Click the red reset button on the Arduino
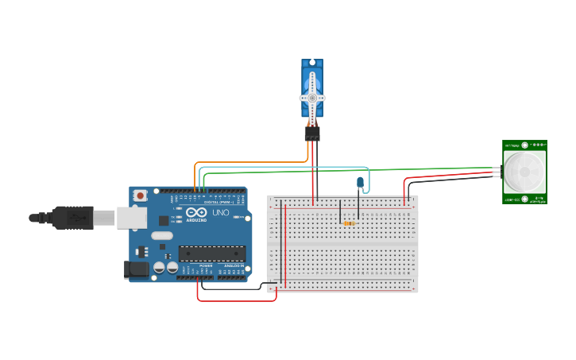point(141,195)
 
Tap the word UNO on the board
point(220,213)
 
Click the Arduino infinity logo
point(196,213)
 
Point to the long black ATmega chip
point(211,254)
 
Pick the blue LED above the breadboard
point(360,183)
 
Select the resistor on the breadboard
point(349,223)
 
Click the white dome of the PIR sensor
point(524,172)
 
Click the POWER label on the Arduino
point(206,265)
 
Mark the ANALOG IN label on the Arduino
point(234,265)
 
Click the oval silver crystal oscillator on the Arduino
point(161,235)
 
